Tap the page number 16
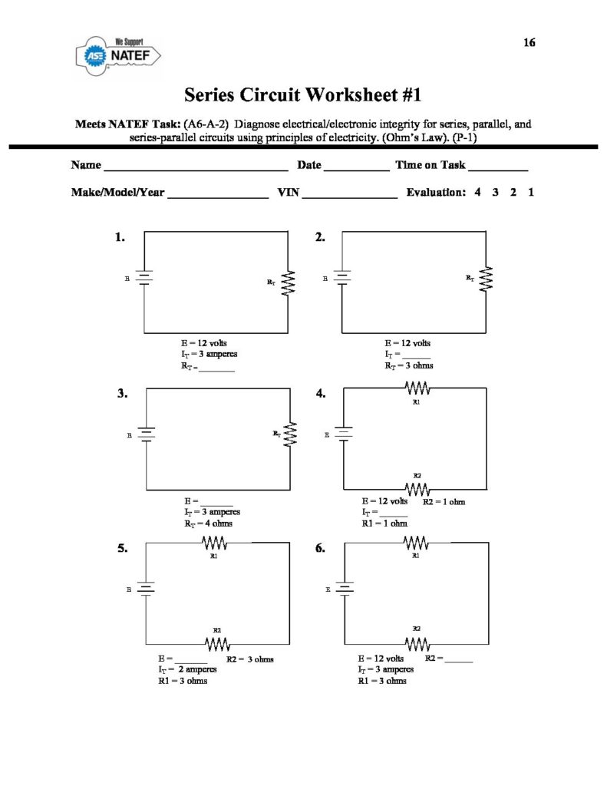(529, 43)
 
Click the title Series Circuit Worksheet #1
(303, 95)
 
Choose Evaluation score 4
(477, 193)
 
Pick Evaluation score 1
(531, 193)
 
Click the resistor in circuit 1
(288, 282)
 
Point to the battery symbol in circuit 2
(342, 278)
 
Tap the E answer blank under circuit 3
(216, 504)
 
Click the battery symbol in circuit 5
(146, 589)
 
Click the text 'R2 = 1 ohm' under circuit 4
(444, 502)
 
